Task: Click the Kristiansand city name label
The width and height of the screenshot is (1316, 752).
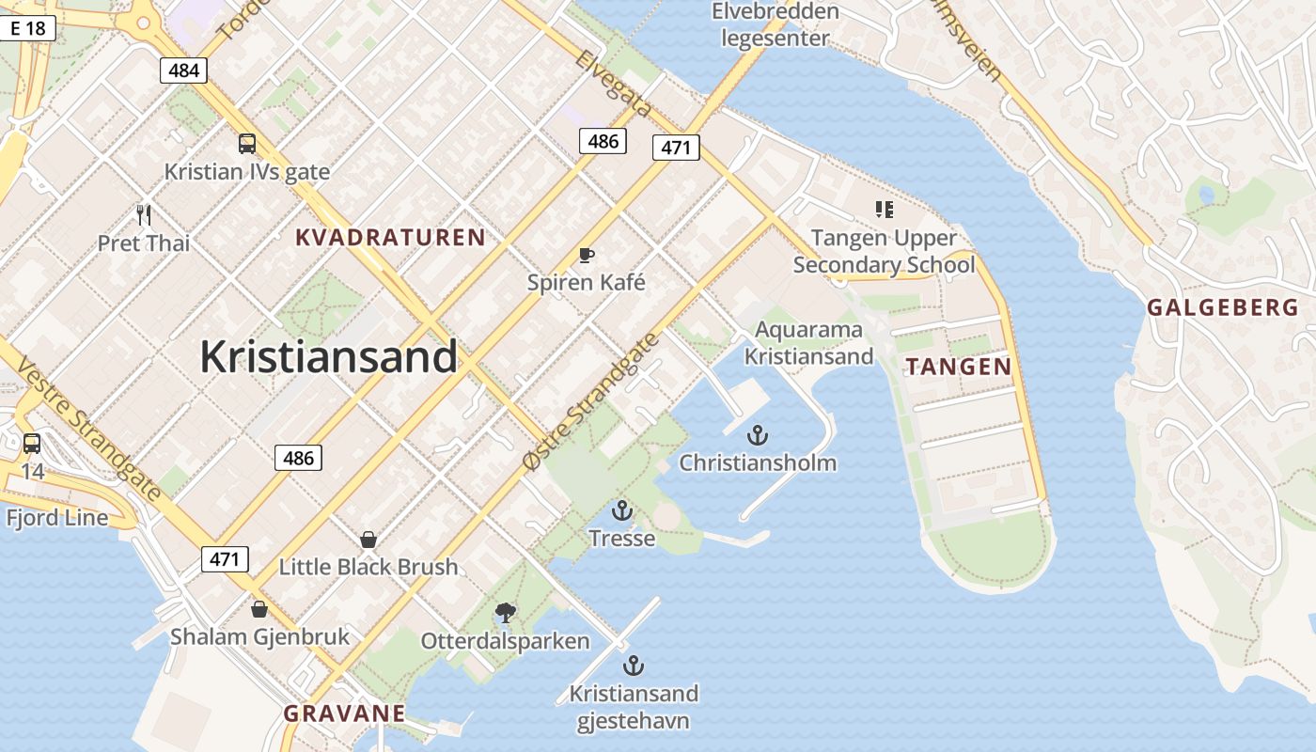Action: (x=328, y=357)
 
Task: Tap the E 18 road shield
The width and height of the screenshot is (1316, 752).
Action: (x=27, y=28)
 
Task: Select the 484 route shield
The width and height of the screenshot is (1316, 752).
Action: (x=183, y=70)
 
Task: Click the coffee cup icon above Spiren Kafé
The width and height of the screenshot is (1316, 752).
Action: (x=587, y=255)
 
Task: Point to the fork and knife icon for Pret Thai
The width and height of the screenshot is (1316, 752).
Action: (x=144, y=215)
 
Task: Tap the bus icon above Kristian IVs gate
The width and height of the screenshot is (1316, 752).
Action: (x=247, y=144)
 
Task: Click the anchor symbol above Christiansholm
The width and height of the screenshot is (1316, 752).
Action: (x=757, y=435)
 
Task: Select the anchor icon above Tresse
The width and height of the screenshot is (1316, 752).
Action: (x=621, y=511)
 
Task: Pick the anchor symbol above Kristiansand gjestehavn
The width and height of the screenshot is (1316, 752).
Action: (x=634, y=666)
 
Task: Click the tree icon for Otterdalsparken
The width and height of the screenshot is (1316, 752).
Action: (x=506, y=614)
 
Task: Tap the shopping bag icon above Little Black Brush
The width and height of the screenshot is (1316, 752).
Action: (x=368, y=540)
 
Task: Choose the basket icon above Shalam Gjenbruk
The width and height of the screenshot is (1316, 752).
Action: (x=259, y=609)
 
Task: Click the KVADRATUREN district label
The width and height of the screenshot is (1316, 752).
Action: (x=390, y=238)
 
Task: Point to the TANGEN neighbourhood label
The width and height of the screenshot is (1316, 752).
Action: (x=959, y=367)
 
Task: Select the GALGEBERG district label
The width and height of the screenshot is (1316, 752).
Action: (x=1223, y=307)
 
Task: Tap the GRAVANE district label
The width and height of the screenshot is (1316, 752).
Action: (x=345, y=713)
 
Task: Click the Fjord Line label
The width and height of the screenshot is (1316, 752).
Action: (x=57, y=518)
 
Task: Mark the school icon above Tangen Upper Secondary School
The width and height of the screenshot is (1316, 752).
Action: (x=884, y=210)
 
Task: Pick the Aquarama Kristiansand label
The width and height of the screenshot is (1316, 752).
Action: (x=809, y=343)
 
